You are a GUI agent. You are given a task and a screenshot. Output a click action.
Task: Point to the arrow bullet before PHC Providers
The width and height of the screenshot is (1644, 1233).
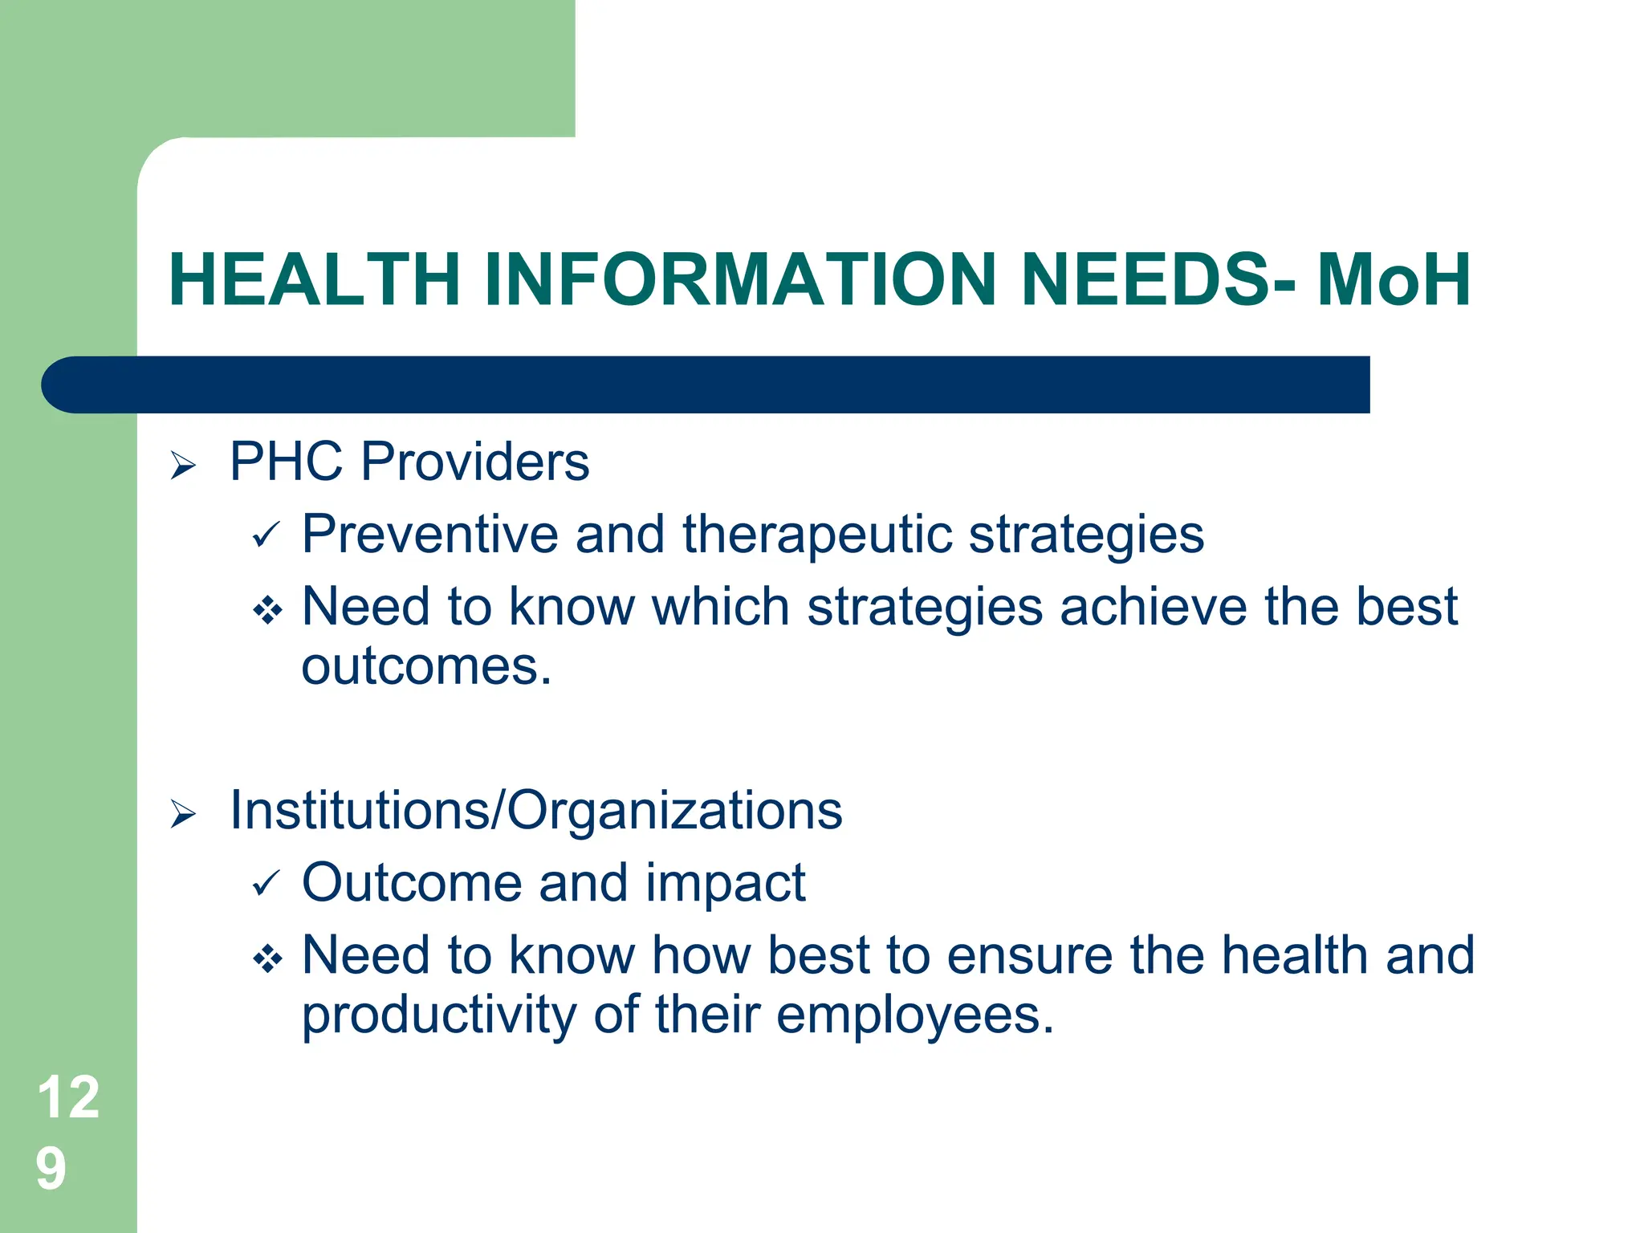click(x=183, y=466)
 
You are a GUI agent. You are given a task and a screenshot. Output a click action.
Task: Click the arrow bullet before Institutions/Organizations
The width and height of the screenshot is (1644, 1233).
click(x=183, y=814)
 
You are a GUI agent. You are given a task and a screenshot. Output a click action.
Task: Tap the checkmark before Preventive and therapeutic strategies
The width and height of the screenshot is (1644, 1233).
click(x=266, y=535)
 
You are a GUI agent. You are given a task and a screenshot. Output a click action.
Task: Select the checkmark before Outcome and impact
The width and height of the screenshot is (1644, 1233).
click(x=266, y=884)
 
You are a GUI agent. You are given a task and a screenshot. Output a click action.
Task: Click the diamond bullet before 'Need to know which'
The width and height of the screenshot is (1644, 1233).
click(x=267, y=611)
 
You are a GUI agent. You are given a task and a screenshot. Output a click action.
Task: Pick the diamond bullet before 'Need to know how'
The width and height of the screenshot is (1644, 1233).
click(x=267, y=958)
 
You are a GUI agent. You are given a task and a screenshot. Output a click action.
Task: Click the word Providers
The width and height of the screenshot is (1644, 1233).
click(x=474, y=462)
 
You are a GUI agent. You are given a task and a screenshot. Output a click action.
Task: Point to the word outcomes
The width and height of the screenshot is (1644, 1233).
click(x=426, y=666)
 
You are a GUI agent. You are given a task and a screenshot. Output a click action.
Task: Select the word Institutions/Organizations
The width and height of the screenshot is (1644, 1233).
click(x=535, y=811)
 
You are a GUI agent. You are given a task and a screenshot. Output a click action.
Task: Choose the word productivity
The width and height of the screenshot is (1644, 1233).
click(x=438, y=1015)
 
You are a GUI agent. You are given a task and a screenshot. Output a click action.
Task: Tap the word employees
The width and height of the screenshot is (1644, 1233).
click(x=914, y=1015)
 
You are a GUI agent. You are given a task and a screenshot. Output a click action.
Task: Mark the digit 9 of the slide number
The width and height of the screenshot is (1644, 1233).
click(x=51, y=1169)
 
